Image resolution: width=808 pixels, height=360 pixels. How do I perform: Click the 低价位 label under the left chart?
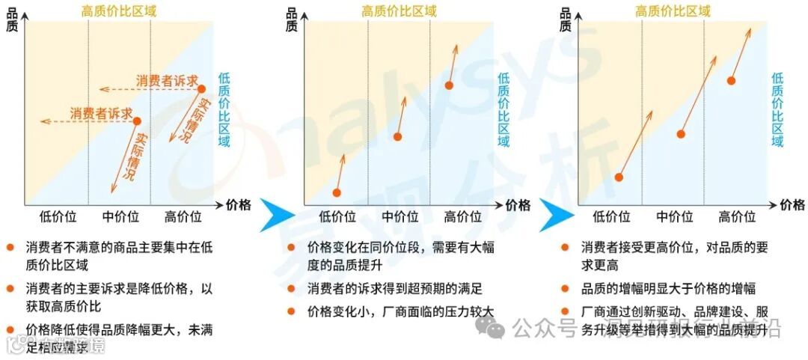pyautogui.click(x=58, y=217)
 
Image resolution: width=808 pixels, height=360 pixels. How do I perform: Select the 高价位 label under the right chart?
pyautogui.click(x=737, y=217)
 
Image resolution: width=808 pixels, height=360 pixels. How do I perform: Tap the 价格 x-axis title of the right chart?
pyautogui.click(x=792, y=205)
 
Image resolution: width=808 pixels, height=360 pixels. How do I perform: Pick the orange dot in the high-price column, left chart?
pyautogui.click(x=201, y=89)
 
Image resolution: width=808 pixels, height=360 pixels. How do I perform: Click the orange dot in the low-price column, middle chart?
pyautogui.click(x=336, y=192)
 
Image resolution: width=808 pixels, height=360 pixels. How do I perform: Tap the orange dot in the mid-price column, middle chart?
pyautogui.click(x=397, y=137)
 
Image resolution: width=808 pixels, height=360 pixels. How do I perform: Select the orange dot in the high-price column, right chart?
pyautogui.click(x=731, y=80)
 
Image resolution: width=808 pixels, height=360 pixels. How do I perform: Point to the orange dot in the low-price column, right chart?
pyautogui.click(x=619, y=177)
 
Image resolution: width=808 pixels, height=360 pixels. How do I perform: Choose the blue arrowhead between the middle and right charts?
pyautogui.click(x=554, y=216)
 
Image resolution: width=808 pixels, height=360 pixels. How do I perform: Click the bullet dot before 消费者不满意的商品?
pyautogui.click(x=10, y=247)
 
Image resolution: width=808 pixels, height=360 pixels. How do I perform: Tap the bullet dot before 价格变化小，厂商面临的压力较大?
pyautogui.click(x=291, y=311)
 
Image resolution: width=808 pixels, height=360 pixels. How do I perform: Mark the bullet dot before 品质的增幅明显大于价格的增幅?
pyautogui.click(x=566, y=288)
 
